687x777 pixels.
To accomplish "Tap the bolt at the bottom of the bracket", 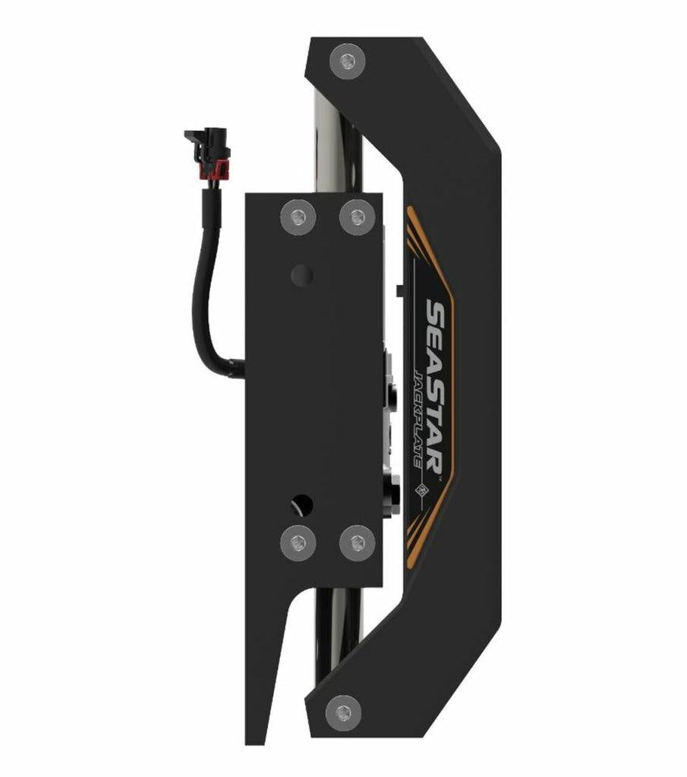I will coord(343,712).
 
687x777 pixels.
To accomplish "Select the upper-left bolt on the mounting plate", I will coord(298,217).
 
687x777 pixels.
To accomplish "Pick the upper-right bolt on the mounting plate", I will coord(357,217).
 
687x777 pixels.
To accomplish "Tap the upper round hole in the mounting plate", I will coord(301,275).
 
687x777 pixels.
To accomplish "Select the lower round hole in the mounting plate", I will coord(301,503).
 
